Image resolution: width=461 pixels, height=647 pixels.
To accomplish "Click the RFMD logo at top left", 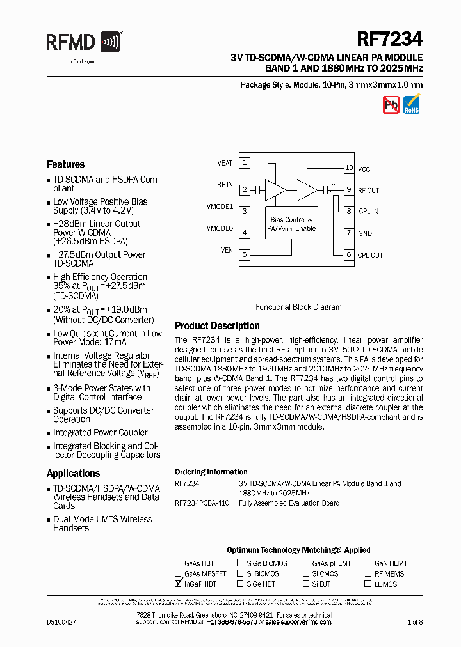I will click(83, 43).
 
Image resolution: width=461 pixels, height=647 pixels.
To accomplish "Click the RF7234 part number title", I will click(389, 40).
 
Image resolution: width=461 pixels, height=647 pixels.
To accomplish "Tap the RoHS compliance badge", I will click(412, 104).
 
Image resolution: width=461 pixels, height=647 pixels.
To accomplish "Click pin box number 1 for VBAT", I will click(245, 163).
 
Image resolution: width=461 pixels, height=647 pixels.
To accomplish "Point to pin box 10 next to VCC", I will click(348, 168).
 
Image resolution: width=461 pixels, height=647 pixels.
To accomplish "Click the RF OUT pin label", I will click(368, 191).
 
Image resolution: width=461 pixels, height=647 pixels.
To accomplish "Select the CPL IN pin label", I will click(368, 212).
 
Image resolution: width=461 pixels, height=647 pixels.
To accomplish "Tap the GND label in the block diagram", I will click(365, 233).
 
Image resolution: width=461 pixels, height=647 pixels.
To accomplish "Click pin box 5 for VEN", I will click(245, 254).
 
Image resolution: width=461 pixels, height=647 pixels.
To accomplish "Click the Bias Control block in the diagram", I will click(292, 224).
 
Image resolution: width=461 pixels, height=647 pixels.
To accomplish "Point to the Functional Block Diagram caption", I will click(298, 307).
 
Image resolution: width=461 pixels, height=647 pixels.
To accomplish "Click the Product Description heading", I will click(217, 326).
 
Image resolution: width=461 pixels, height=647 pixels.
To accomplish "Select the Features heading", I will click(65, 164).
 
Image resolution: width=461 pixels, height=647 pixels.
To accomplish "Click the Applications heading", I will click(73, 474).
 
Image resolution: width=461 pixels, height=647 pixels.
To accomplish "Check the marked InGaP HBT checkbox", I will click(178, 584).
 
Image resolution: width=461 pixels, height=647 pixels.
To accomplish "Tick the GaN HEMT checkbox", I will click(368, 563).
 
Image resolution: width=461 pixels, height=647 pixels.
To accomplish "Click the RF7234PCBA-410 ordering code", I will click(202, 503).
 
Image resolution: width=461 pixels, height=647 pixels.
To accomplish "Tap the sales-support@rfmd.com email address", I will click(298, 621).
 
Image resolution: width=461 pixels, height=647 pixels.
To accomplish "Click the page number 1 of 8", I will click(415, 621).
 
